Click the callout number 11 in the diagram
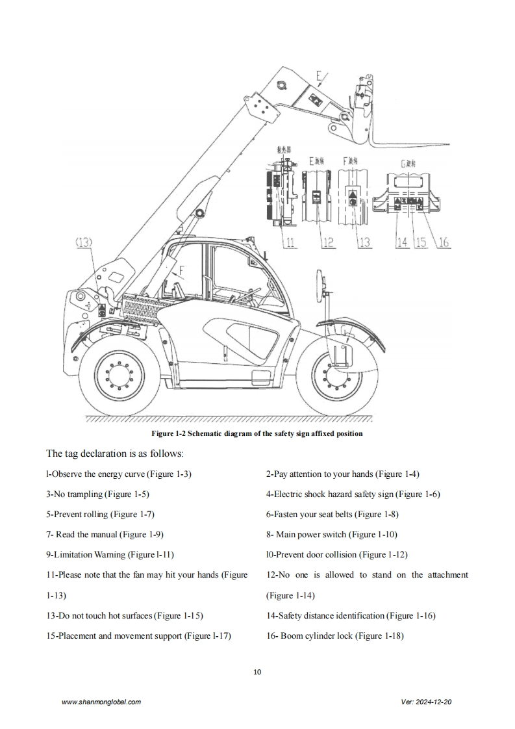click(290, 242)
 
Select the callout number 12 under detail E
click(328, 242)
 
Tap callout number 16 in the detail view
click(444, 242)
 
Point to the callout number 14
click(402, 242)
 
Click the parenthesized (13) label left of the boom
click(84, 242)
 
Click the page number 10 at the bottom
click(257, 672)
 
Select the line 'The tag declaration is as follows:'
click(115, 453)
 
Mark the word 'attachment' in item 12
click(448, 575)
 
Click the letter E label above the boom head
click(320, 77)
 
